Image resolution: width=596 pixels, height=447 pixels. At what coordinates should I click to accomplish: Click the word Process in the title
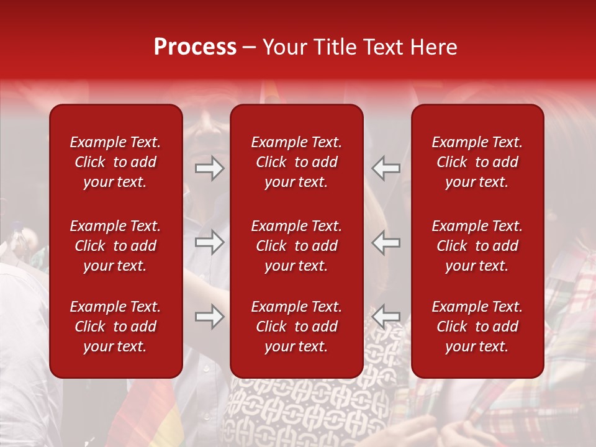[195, 47]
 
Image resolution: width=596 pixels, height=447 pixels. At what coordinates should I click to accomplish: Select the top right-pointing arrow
[210, 168]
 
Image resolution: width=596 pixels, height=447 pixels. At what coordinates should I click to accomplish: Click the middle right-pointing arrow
[210, 242]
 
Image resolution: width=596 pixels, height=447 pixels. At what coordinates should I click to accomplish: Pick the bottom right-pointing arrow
[210, 317]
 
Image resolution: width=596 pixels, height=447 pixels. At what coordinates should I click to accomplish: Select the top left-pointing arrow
[386, 168]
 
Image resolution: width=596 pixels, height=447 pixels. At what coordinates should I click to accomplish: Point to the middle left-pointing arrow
[386, 242]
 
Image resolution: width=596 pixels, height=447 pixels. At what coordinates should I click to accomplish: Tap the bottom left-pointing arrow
[386, 317]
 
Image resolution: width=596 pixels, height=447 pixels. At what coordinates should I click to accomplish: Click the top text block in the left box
[115, 162]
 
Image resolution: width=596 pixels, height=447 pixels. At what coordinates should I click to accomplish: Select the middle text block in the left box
[115, 246]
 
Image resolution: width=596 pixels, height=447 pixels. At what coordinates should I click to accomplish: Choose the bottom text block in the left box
[115, 327]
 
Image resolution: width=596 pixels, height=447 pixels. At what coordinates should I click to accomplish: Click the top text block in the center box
[296, 162]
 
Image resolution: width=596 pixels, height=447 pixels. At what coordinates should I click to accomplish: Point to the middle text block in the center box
[296, 246]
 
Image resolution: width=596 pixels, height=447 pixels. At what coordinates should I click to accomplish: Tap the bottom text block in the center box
[296, 327]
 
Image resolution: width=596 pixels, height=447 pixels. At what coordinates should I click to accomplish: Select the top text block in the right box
[477, 162]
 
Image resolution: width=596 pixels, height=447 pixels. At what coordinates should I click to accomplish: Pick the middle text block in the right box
[477, 246]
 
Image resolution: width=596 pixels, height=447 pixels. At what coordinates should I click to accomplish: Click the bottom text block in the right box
[477, 327]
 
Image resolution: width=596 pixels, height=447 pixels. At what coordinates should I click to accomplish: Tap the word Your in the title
[283, 47]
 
